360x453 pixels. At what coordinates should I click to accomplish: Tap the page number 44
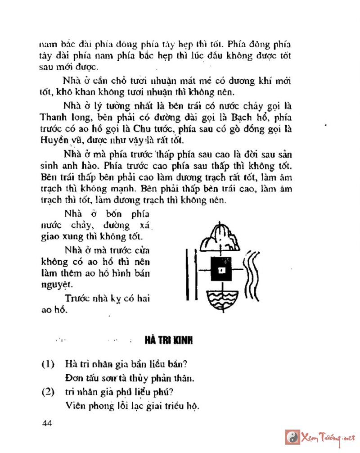(x=47, y=423)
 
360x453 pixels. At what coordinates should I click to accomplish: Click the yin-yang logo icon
(x=292, y=437)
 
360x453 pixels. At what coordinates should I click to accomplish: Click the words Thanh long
(x=58, y=118)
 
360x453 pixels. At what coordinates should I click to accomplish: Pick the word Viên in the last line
(x=74, y=405)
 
